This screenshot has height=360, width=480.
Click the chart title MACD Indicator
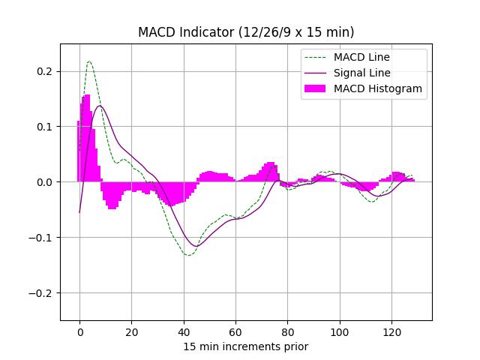(246, 32)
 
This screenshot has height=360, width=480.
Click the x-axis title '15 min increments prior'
(246, 346)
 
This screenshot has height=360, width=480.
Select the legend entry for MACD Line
(362, 57)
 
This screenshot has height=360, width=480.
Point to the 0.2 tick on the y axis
(46, 71)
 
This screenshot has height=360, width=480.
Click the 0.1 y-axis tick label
(46, 127)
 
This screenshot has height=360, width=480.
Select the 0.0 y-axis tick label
(46, 182)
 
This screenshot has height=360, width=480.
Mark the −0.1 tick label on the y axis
(43, 238)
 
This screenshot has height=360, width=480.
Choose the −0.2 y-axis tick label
(43, 293)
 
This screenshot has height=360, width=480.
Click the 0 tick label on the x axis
(79, 332)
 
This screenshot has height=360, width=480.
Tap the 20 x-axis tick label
(131, 332)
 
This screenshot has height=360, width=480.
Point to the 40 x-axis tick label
(184, 332)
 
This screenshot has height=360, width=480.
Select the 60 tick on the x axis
(235, 332)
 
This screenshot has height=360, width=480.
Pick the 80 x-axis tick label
(288, 332)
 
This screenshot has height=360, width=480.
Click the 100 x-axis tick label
(340, 332)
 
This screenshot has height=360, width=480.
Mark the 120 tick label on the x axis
(392, 332)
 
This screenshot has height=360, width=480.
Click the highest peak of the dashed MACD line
(89, 61)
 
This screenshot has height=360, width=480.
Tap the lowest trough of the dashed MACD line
(189, 255)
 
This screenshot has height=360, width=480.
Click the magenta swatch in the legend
(316, 88)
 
